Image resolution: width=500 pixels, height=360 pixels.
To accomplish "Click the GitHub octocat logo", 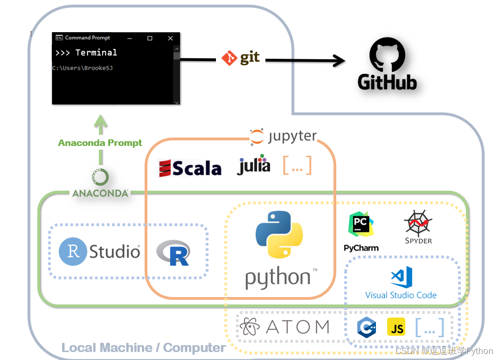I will coord(387,55).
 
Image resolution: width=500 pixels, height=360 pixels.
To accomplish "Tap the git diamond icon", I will coord(229,58).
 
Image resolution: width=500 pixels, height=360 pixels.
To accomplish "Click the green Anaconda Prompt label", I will coord(100,143).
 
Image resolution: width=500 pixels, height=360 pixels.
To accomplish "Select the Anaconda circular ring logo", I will coord(100,177).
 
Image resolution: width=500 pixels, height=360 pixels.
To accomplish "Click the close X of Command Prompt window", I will coord(170,38).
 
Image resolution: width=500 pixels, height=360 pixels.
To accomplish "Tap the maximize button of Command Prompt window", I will coord(150,38).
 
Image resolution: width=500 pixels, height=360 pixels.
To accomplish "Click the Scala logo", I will coord(190,168).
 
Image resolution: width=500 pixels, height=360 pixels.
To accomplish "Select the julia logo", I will coord(254,165).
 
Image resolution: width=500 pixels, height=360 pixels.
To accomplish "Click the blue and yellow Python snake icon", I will coord(279,235).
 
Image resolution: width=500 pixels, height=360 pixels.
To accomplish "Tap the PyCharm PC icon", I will coord(361,226).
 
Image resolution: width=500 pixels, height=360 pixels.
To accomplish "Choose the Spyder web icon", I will coord(418,223).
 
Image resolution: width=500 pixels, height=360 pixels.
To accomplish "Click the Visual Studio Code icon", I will coord(401,277).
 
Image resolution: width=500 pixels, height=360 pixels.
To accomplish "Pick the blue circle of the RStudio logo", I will coord(73,252).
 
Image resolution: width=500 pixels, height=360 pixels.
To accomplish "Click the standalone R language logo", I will coord(174,253).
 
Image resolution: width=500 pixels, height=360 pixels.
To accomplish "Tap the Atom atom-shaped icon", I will coord(251,327).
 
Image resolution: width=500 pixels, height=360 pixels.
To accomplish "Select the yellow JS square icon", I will coord(396,327).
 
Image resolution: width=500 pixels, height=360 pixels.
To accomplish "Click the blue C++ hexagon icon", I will coord(367,327).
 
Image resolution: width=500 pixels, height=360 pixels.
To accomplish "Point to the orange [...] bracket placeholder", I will coord(297,166).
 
